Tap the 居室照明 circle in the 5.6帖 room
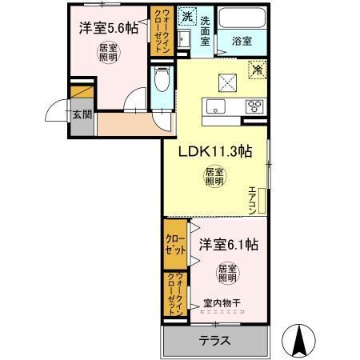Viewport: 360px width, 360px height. point(108,53)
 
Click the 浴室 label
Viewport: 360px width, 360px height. point(242,37)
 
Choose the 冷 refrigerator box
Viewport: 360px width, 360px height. point(258,70)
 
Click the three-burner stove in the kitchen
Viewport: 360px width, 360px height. point(256,106)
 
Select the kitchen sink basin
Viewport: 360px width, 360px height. point(215,107)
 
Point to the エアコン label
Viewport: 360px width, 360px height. point(252,200)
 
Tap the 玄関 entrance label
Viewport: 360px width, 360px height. point(82,114)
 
